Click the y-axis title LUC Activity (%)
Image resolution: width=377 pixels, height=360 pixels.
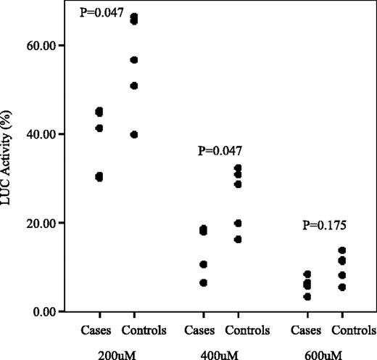(x=11, y=179)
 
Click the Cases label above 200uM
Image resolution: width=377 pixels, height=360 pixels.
(x=99, y=331)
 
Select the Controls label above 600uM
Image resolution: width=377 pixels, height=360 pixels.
(x=343, y=331)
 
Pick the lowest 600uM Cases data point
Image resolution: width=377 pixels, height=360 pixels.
(x=307, y=296)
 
